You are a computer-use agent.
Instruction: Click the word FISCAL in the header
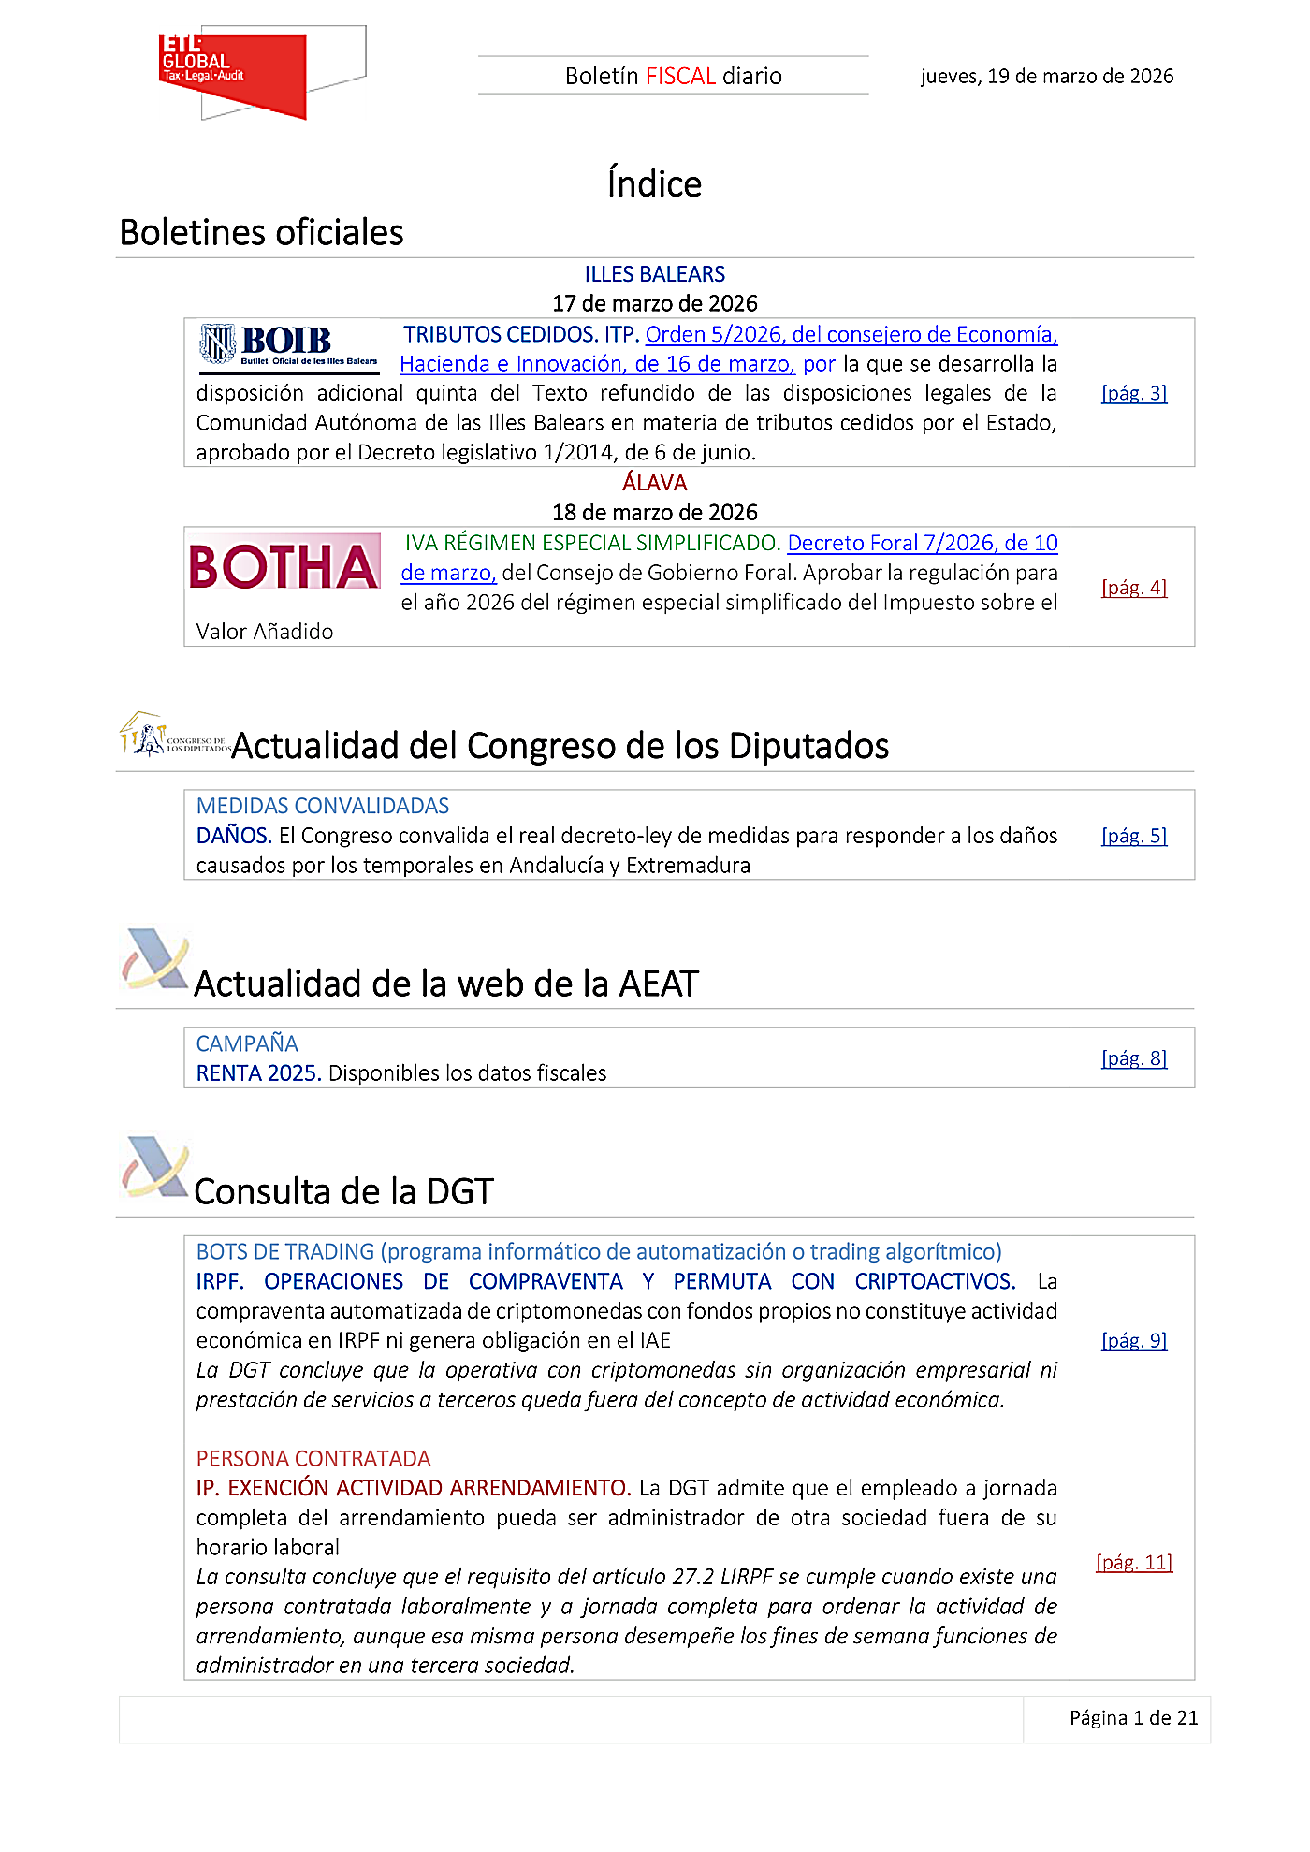pyautogui.click(x=680, y=76)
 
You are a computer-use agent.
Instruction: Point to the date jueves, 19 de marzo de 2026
pyautogui.click(x=1046, y=76)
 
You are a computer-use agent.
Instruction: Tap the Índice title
pyautogui.click(x=654, y=183)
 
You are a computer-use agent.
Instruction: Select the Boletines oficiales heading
pyautogui.click(x=261, y=232)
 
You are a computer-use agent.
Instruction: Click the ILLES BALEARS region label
pyautogui.click(x=654, y=274)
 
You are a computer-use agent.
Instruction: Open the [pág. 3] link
pyautogui.click(x=1133, y=393)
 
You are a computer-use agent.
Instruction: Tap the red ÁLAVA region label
pyautogui.click(x=654, y=483)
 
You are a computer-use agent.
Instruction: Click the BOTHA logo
pyautogui.click(x=284, y=565)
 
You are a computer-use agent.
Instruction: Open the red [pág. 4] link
pyautogui.click(x=1133, y=588)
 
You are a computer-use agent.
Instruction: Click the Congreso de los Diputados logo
pyautogui.click(x=173, y=736)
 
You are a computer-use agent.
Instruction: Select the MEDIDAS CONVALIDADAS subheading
pyautogui.click(x=322, y=806)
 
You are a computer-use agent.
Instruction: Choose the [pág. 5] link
pyautogui.click(x=1133, y=836)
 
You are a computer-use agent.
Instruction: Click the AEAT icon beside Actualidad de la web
pyautogui.click(x=155, y=960)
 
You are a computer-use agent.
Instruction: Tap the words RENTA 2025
pyautogui.click(x=258, y=1073)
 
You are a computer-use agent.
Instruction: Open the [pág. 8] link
pyautogui.click(x=1133, y=1058)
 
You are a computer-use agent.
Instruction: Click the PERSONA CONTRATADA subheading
pyautogui.click(x=313, y=1459)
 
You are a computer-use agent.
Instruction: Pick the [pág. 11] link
pyautogui.click(x=1133, y=1562)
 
